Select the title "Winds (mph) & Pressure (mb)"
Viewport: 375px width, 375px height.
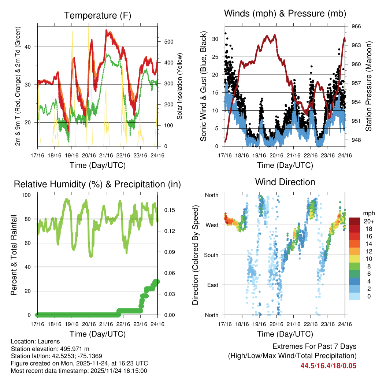(285, 14)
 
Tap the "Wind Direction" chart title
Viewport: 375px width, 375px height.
(285, 182)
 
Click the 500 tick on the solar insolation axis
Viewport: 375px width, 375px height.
(168, 41)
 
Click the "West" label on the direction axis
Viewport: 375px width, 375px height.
(211, 225)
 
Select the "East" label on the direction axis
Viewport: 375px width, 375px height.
(212, 285)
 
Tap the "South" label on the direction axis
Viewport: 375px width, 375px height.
(211, 255)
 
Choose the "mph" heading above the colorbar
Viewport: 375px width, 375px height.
(368, 214)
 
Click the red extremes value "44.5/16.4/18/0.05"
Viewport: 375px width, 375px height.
(328, 366)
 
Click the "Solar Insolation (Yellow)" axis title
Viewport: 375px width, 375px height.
(180, 86)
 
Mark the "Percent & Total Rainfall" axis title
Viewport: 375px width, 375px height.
(14, 255)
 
